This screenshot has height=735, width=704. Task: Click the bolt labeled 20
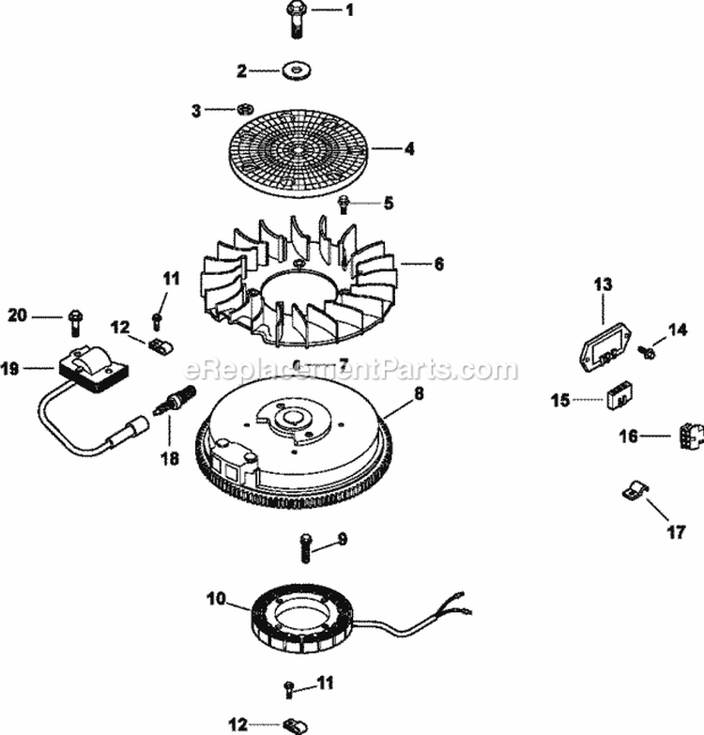point(73,320)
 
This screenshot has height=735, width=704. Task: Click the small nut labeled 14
point(647,351)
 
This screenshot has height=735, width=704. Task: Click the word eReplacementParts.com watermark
point(351,370)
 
